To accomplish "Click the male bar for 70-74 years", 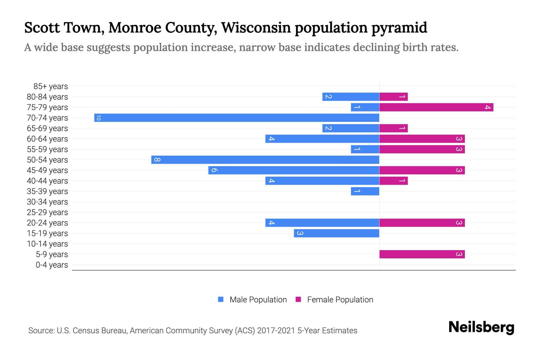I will (x=236, y=118).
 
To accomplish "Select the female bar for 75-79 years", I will (x=436, y=107).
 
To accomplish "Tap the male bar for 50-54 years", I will (x=265, y=160).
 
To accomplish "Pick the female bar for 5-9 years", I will (x=422, y=254).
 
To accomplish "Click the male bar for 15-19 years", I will (x=336, y=233).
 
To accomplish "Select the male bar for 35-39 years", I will (x=365, y=191).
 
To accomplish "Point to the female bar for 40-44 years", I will (x=393, y=181).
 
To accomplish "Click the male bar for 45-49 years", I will (x=294, y=170).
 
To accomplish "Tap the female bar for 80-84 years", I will (x=393, y=97).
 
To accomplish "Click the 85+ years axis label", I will (x=51, y=86).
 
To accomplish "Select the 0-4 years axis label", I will (x=52, y=265).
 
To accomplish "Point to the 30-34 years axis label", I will (x=47, y=202).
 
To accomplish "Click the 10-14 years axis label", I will (x=47, y=244).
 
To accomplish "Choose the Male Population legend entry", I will (x=253, y=299).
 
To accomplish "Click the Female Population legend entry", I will (x=334, y=299).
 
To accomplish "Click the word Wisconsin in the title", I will (x=256, y=28).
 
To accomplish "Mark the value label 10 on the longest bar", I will (x=98, y=118).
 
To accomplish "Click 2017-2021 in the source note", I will (x=276, y=331).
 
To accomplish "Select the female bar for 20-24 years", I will (x=422, y=223).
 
